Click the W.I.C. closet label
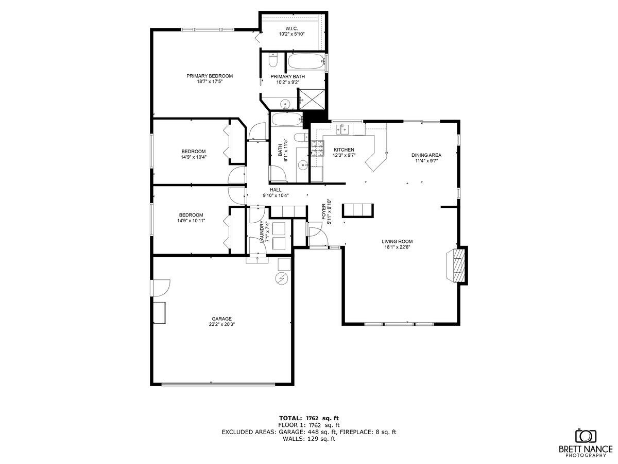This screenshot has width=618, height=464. pos(292,28)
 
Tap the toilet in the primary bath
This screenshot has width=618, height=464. pos(273,61)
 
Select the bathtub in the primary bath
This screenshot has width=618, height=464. pos(305,62)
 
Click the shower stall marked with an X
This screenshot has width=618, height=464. pos(312,98)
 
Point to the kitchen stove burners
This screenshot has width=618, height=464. pos(316,148)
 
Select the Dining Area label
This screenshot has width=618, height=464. pos(426,155)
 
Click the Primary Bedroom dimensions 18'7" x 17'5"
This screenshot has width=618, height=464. pos(210,81)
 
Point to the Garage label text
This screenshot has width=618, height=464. pos(220,319)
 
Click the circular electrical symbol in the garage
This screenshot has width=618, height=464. pos(281,279)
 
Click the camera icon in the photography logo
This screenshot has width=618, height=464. pos(585,436)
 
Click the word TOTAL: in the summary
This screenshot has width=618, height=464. pos(290,418)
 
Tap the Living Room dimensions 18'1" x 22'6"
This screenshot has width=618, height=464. pos(397,247)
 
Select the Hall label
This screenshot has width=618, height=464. pos(276,189)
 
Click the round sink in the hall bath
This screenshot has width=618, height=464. pos(303,165)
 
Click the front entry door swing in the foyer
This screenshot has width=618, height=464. pos(315,235)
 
